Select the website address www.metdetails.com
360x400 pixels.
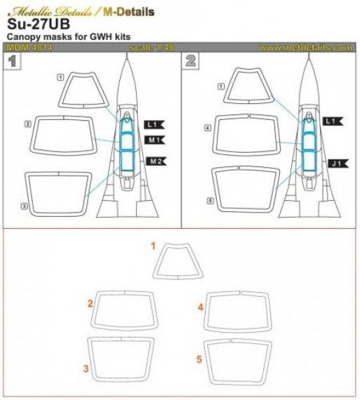click(x=305, y=48)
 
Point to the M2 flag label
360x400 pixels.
click(x=155, y=162)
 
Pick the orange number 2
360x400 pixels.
click(x=90, y=304)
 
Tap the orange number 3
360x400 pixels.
click(x=85, y=368)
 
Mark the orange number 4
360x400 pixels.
click(x=200, y=307)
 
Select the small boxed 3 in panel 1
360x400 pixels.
click(x=24, y=206)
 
